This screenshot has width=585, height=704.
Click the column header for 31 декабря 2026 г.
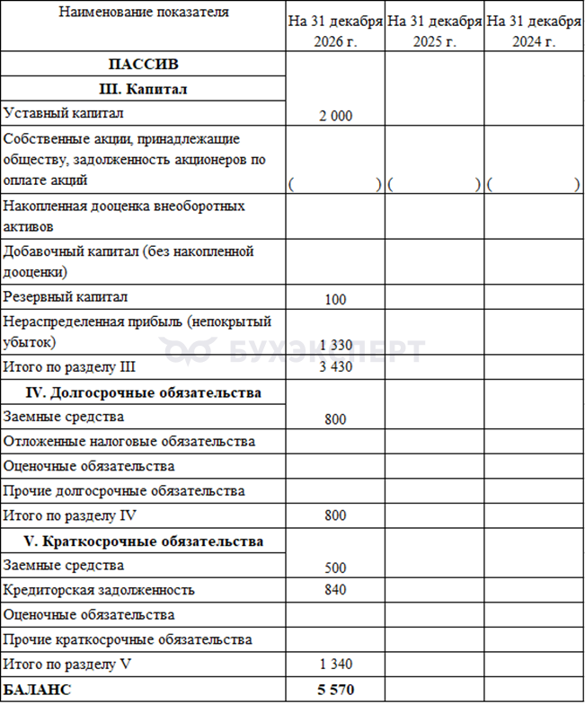tap(335, 31)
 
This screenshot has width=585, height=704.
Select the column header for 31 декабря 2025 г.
tap(435, 31)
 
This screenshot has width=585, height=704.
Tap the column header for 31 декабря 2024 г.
tap(534, 31)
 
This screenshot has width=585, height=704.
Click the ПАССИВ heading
tap(143, 65)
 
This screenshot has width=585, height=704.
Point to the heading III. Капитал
tap(143, 89)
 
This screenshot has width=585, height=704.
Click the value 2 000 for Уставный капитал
tap(335, 116)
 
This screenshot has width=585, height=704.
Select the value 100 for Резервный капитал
tap(335, 299)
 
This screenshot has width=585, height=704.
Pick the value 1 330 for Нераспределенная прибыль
tap(335, 346)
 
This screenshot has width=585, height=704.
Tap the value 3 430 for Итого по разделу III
tap(335, 367)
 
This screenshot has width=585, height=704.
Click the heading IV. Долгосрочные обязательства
tap(143, 392)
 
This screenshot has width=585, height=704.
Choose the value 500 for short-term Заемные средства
tap(335, 568)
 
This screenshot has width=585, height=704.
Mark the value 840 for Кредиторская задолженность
tap(335, 590)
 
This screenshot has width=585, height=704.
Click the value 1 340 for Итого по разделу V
tap(335, 664)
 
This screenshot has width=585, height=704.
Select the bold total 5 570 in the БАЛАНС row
tap(335, 691)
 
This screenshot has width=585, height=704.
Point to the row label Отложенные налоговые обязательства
tap(129, 441)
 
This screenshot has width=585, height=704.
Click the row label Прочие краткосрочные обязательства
tap(128, 639)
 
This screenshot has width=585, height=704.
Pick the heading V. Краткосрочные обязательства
tap(143, 541)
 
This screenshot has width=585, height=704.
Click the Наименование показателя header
tap(143, 13)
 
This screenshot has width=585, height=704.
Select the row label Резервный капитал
tap(66, 296)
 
